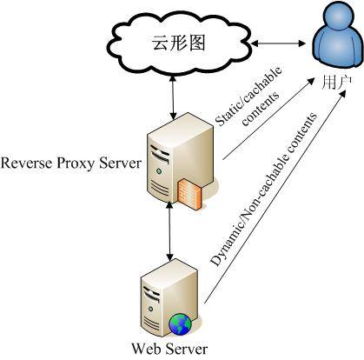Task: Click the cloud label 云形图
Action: tap(179, 43)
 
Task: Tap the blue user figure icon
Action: tap(338, 34)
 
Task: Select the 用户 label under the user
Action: tap(337, 83)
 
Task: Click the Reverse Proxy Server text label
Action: tap(71, 163)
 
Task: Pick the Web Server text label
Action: tap(169, 349)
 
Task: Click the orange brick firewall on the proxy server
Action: tap(189, 194)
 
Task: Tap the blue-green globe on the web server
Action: tap(180, 323)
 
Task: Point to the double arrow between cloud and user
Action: tap(278, 43)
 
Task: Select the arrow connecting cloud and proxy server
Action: tap(173, 98)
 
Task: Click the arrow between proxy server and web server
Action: tap(170, 231)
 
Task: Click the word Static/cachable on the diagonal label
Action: tap(248, 97)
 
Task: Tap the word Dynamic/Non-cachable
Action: tap(250, 202)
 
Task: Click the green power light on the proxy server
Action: tap(159, 170)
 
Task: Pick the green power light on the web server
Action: tap(150, 309)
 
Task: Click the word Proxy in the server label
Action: tap(76, 163)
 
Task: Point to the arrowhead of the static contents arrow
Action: tap(311, 80)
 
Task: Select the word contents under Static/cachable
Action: tap(261, 109)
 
